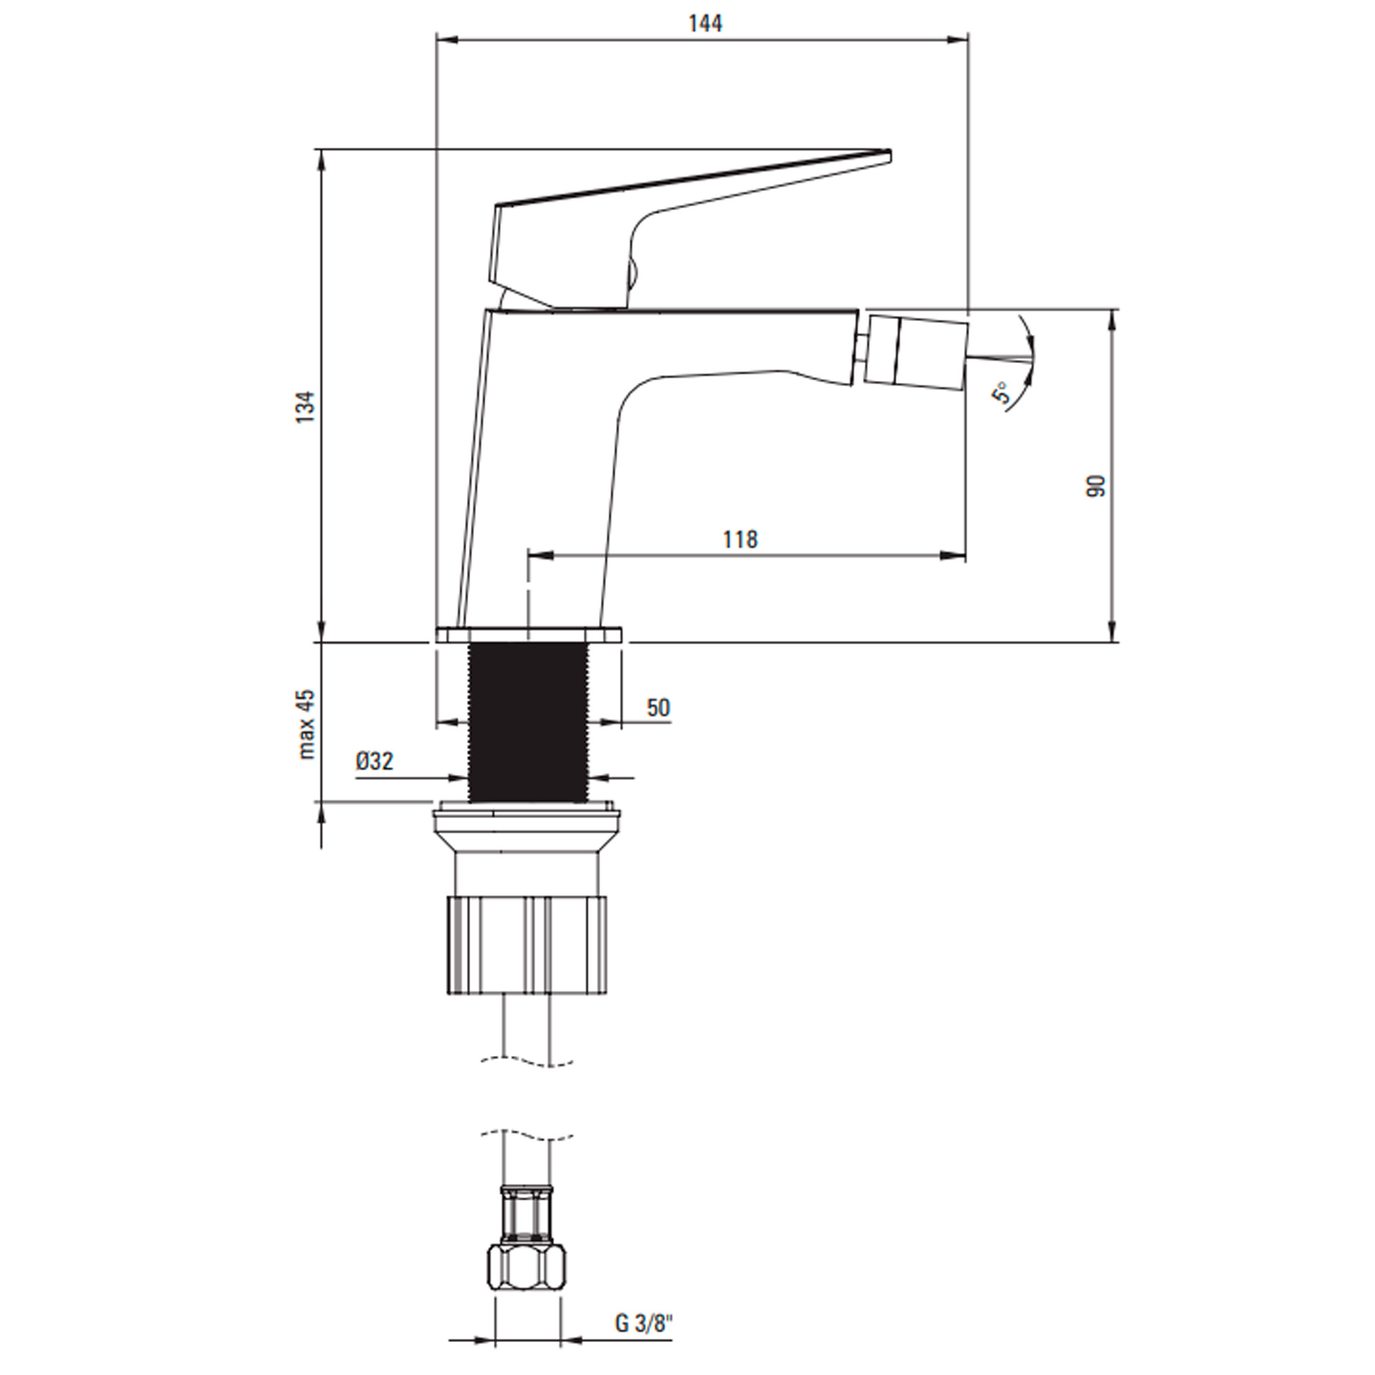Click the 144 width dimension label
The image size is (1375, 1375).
[x=705, y=23]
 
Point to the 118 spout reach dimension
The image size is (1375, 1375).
[x=740, y=540]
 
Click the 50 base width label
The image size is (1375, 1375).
[x=659, y=707]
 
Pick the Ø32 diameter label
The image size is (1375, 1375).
[x=375, y=762]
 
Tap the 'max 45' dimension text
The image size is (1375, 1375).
[x=307, y=725]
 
